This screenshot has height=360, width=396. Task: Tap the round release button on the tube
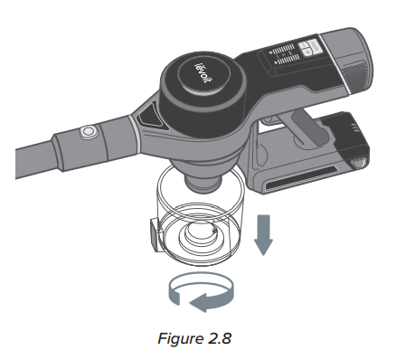coord(89,133)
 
